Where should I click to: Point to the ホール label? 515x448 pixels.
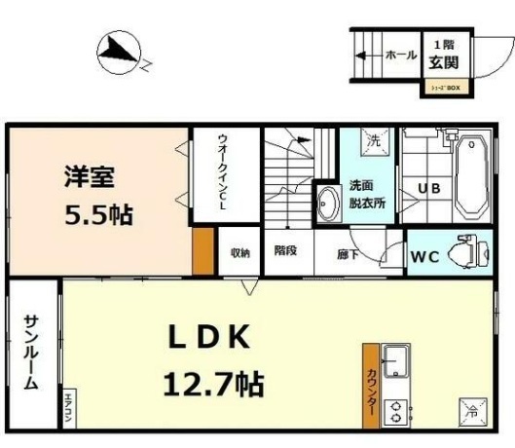click(x=400, y=55)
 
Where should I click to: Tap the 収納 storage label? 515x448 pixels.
click(x=239, y=252)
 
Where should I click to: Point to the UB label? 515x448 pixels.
click(x=428, y=188)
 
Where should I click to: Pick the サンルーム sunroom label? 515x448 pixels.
click(x=31, y=351)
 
